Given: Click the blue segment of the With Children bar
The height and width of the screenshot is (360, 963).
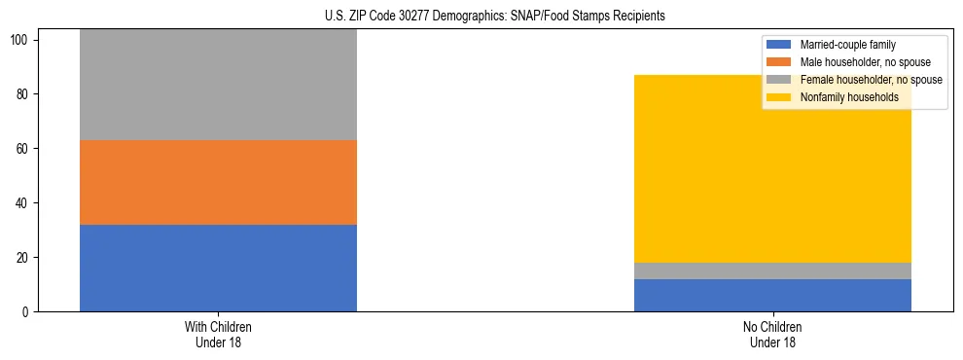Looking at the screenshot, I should click(x=218, y=268).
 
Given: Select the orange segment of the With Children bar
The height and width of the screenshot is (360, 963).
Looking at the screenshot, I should click(x=218, y=182).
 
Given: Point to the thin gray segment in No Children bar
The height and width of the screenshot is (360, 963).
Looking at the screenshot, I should click(x=772, y=270).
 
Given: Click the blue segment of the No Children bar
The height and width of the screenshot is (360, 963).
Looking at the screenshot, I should click(x=772, y=295).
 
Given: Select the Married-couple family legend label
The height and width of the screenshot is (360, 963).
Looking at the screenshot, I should click(x=847, y=45).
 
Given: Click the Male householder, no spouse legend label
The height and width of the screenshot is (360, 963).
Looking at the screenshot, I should click(x=863, y=62).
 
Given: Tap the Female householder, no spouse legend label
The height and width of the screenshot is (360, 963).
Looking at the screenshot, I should click(x=871, y=80).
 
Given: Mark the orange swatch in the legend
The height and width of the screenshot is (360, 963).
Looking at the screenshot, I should click(x=780, y=62).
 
